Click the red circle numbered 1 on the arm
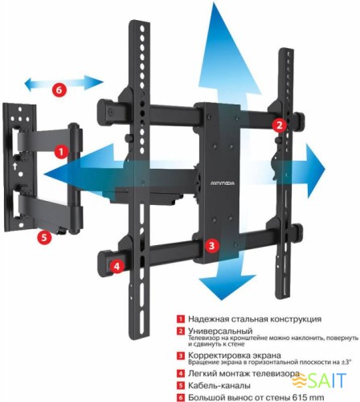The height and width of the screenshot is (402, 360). click(61, 151)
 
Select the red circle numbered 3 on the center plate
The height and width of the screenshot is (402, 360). click(211, 246)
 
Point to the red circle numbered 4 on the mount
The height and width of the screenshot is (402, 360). click(117, 265)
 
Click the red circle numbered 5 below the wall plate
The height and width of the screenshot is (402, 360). click(44, 237)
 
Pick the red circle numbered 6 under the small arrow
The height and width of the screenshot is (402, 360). click(59, 90)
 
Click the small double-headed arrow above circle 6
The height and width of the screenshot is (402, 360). click(63, 81)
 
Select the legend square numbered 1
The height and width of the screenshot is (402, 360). click(182, 318)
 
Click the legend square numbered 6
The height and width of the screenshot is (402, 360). click(182, 396)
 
